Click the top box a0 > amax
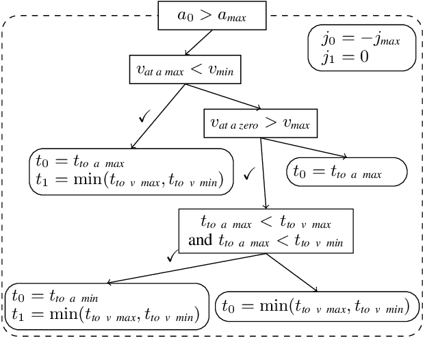(211, 16)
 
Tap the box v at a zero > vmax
(260, 123)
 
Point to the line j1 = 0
(346, 57)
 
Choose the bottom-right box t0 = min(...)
(317, 307)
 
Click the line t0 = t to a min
(55, 297)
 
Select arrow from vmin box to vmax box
(226, 98)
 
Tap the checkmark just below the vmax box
(249, 175)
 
